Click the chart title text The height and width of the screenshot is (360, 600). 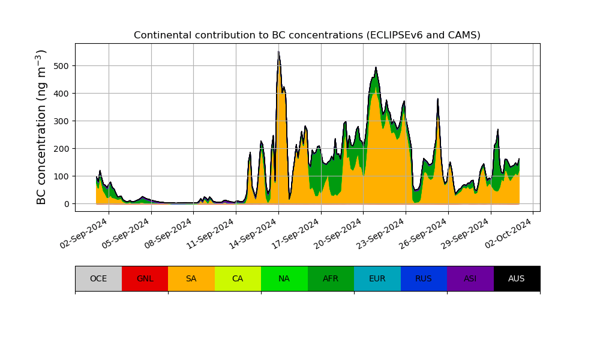tap(307, 35)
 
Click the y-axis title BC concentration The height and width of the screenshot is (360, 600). tap(41, 127)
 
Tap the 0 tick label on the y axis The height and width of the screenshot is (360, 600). tap(66, 204)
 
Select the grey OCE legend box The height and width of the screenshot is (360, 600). tap(98, 278)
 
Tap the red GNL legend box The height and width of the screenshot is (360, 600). tap(145, 278)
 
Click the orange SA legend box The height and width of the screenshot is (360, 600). tap(191, 278)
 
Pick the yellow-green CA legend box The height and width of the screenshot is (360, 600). tap(238, 278)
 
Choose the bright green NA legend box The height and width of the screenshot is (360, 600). tap(284, 278)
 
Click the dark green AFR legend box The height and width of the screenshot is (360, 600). tap(331, 278)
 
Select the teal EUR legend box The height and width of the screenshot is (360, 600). tap(377, 278)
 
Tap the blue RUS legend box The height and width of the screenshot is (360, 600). tap(424, 278)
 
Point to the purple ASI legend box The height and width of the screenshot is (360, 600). tap(470, 278)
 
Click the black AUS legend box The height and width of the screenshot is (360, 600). tap(517, 278)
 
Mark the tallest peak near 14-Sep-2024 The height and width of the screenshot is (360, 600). tap(278, 52)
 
